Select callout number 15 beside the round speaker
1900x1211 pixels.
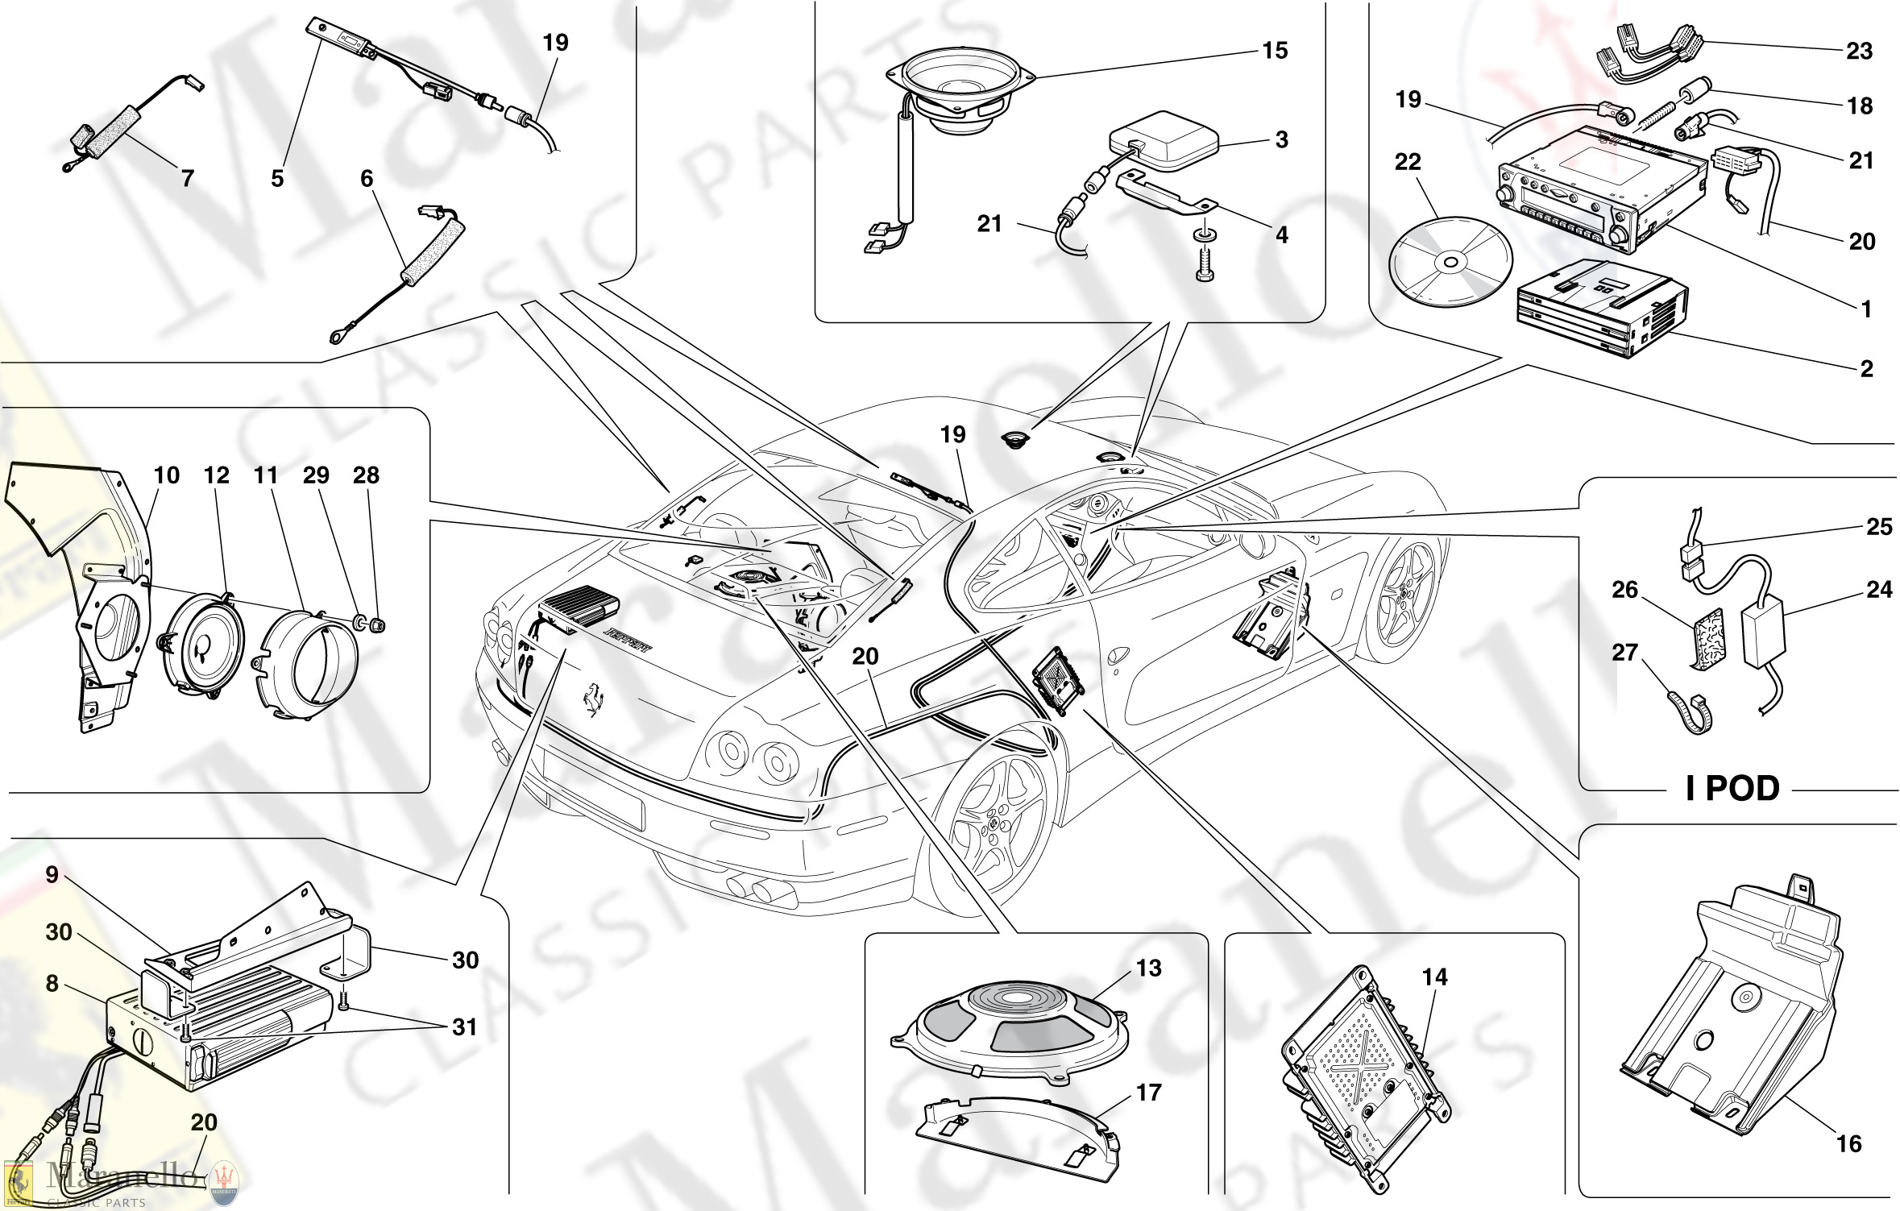(x=1275, y=51)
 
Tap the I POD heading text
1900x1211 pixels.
(x=1732, y=788)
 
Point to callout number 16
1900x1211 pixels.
(x=1848, y=1143)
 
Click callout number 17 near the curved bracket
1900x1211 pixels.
(x=1148, y=1093)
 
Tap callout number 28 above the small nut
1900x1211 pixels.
(x=366, y=475)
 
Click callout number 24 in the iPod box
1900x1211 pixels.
(x=1879, y=590)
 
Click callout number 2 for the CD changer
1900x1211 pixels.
(x=1866, y=369)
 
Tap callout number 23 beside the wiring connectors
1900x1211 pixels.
(x=1859, y=52)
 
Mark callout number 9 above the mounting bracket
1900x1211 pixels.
(x=52, y=875)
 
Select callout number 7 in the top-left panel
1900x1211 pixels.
(x=187, y=178)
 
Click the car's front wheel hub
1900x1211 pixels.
(x=994, y=823)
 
